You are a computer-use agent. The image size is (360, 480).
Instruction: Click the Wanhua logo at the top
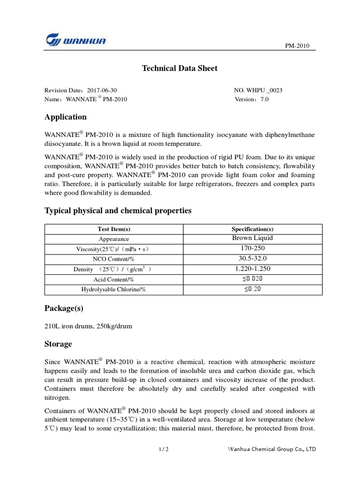[75, 40]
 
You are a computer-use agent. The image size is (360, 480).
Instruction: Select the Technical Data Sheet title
[180, 68]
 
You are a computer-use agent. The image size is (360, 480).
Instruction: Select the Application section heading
[65, 117]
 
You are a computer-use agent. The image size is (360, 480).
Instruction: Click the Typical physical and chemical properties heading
[118, 211]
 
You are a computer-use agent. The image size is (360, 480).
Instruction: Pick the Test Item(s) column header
[114, 229]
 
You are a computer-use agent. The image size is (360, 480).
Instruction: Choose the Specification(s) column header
[252, 229]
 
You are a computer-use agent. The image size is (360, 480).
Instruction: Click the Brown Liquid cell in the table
[252, 238]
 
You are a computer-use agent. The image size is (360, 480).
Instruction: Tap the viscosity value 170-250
[252, 248]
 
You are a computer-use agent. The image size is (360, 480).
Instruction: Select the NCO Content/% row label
[114, 259]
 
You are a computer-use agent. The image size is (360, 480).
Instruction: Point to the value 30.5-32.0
[252, 259]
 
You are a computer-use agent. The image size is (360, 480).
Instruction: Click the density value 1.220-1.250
[252, 269]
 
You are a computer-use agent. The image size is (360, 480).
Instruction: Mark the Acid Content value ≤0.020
[253, 279]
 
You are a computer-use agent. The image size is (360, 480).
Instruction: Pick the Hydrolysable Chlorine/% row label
[114, 290]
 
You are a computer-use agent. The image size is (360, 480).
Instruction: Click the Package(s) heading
[64, 308]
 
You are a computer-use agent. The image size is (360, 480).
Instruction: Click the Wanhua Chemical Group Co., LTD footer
[271, 450]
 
